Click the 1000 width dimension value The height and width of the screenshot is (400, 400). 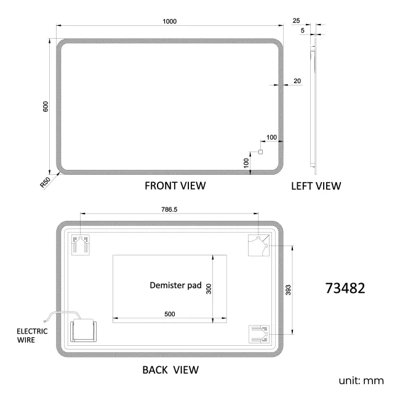pos(170,21)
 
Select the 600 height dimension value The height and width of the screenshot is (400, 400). pos(46,106)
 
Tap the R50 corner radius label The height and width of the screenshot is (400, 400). pos(45,182)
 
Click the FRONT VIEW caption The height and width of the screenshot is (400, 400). pos(175,185)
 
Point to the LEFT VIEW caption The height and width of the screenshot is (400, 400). pos(316,185)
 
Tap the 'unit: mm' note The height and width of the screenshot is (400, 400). pos(361,381)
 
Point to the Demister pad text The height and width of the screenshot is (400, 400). pos(176,286)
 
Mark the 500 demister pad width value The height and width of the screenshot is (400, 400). pos(170,314)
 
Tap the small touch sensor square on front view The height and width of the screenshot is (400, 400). pos(260,152)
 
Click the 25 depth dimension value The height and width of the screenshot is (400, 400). pos(297,21)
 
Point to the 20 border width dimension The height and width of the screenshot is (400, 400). pos(297,81)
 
